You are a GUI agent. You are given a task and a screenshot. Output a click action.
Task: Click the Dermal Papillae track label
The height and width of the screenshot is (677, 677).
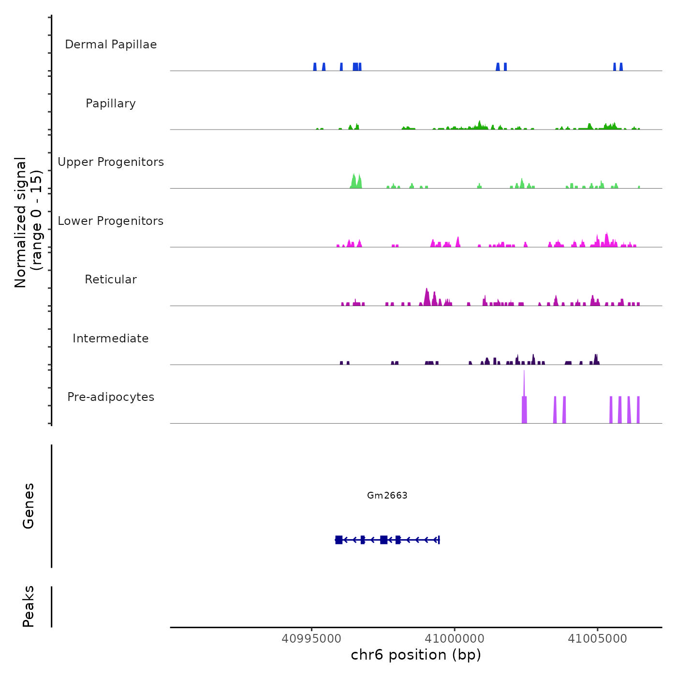[x=111, y=44]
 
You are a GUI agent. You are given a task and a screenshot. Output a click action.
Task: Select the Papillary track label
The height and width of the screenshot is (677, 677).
[x=111, y=103]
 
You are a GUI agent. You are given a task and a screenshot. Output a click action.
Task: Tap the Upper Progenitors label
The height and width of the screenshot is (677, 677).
[x=111, y=162]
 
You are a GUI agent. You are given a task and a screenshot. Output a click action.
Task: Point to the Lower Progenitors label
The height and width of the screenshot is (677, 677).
[x=111, y=221]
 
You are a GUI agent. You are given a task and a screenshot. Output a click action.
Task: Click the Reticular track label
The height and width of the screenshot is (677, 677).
[x=111, y=280]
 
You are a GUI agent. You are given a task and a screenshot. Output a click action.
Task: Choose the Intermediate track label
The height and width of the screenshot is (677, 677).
[x=111, y=338]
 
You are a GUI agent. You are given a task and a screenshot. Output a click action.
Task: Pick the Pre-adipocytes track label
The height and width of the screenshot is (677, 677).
[x=111, y=397]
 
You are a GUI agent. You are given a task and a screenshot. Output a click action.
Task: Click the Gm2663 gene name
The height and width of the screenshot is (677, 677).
[x=387, y=495]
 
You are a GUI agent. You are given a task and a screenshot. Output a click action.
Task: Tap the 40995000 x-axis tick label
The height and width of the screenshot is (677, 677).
[x=311, y=639]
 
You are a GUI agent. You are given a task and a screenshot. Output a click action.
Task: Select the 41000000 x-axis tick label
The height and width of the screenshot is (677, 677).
[x=455, y=639]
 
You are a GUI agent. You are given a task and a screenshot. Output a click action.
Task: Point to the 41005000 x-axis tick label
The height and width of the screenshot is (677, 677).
[x=597, y=639]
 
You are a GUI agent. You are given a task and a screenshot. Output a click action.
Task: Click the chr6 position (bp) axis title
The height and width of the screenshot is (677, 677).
[x=416, y=655]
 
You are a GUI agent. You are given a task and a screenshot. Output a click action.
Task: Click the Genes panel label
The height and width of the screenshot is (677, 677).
[x=29, y=506]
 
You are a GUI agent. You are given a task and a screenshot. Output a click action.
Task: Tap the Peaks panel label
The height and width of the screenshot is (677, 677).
[x=29, y=606]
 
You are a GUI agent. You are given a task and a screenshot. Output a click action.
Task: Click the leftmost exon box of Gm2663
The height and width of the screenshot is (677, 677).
[x=339, y=540]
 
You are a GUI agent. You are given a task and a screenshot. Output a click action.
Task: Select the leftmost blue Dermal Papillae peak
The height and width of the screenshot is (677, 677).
[x=315, y=67]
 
